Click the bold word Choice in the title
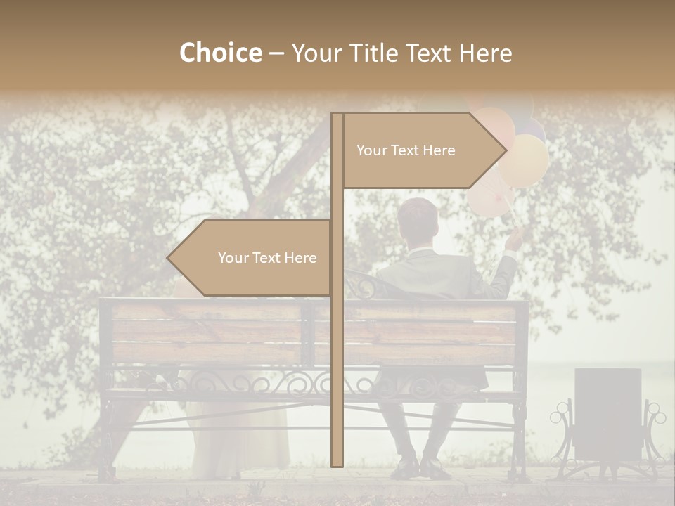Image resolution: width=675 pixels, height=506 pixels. (x=220, y=53)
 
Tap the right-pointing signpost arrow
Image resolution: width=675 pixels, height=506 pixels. (x=422, y=150)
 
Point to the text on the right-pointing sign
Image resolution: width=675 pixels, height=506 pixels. (x=406, y=150)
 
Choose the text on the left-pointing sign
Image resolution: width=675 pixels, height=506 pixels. (x=267, y=258)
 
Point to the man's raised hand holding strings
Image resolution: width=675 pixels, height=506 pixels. (x=515, y=240)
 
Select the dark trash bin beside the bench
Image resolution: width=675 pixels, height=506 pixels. (x=607, y=415)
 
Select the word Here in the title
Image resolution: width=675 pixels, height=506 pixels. (x=485, y=53)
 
